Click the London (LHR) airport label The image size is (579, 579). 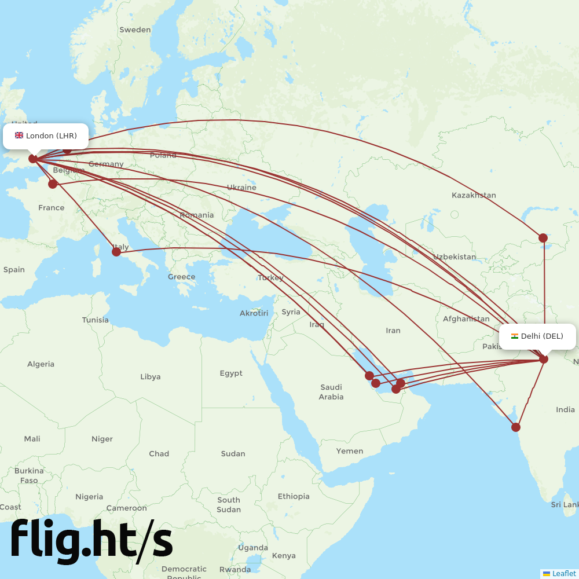pyautogui.click(x=46, y=136)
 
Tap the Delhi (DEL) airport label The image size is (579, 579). pyautogui.click(x=537, y=336)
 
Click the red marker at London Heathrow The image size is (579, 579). pyautogui.click(x=33, y=158)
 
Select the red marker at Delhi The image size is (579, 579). pyautogui.click(x=544, y=359)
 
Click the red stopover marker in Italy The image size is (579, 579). pyautogui.click(x=116, y=251)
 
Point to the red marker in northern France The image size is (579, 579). pyautogui.click(x=53, y=184)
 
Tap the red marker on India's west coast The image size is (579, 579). pyautogui.click(x=516, y=427)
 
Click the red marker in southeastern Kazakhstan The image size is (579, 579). pyautogui.click(x=543, y=237)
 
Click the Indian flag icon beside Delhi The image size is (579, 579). pyautogui.click(x=515, y=336)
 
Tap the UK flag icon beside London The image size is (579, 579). pyautogui.click(x=19, y=135)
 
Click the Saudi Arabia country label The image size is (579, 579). pyautogui.click(x=331, y=392)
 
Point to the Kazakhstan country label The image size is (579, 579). pyautogui.click(x=474, y=195)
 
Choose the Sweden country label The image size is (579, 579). pyautogui.click(x=135, y=30)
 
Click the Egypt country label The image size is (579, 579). pyautogui.click(x=231, y=373)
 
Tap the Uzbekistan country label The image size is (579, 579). pyautogui.click(x=455, y=256)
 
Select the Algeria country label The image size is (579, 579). pyautogui.click(x=41, y=364)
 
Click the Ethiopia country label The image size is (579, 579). pyautogui.click(x=294, y=496)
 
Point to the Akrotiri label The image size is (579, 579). pyautogui.click(x=254, y=313)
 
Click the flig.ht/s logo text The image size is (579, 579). pyautogui.click(x=91, y=540)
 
